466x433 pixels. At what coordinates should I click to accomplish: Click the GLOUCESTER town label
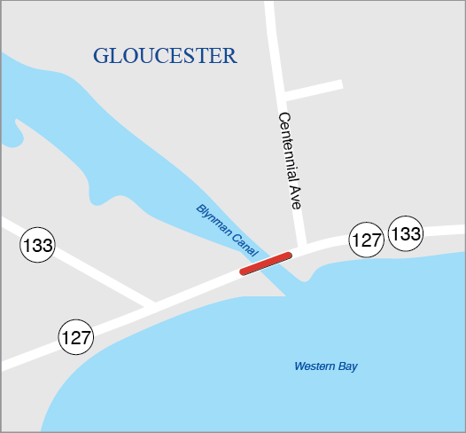click(165, 56)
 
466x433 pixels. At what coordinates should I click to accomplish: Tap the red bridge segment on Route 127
click(265, 264)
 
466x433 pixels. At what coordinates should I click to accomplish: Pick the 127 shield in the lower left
click(76, 337)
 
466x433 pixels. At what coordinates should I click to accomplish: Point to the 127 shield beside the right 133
click(366, 239)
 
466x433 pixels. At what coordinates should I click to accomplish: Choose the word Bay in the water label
click(348, 366)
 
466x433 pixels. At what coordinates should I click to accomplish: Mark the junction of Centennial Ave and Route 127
click(301, 248)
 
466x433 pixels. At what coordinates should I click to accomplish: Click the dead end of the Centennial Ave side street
click(340, 84)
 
